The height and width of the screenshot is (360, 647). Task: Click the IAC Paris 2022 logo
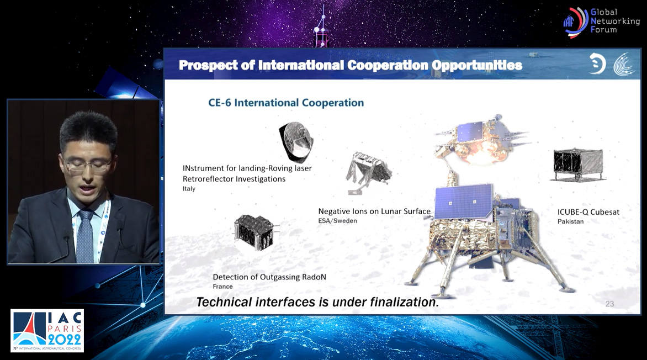tap(47, 331)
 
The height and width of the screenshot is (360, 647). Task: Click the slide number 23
tap(609, 304)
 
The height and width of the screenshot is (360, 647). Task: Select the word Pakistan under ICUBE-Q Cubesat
tap(570, 222)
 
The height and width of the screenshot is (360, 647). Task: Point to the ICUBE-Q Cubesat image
tap(577, 165)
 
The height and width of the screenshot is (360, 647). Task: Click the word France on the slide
tap(223, 287)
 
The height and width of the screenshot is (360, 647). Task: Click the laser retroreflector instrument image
tap(296, 141)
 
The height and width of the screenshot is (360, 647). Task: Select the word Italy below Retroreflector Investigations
tap(189, 189)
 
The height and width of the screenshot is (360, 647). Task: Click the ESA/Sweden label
tap(337, 221)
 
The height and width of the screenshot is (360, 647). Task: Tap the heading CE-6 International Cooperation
tap(286, 103)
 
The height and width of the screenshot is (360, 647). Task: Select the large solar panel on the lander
tap(464, 202)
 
